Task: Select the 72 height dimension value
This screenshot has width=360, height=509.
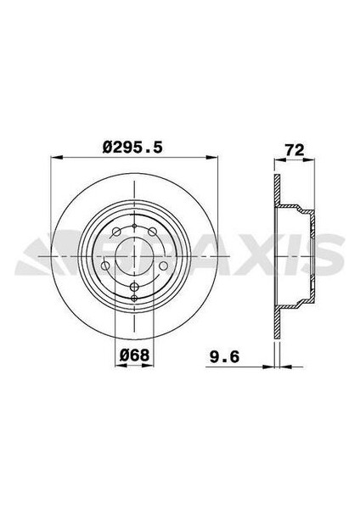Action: tap(294, 149)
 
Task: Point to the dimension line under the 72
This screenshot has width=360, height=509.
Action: tap(294, 159)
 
